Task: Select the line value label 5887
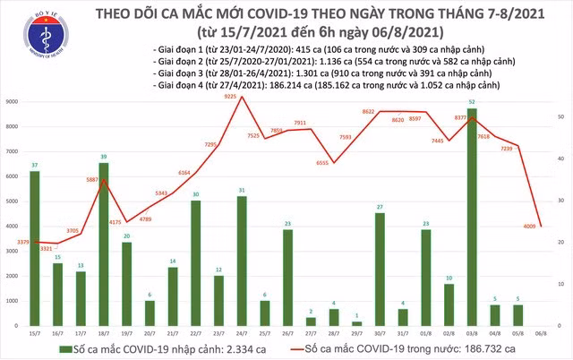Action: (90, 180)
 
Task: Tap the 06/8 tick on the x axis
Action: (543, 333)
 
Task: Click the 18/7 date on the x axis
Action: (104, 333)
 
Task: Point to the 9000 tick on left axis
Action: (13, 102)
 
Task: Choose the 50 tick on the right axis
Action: (560, 117)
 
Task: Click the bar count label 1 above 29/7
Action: (357, 315)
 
